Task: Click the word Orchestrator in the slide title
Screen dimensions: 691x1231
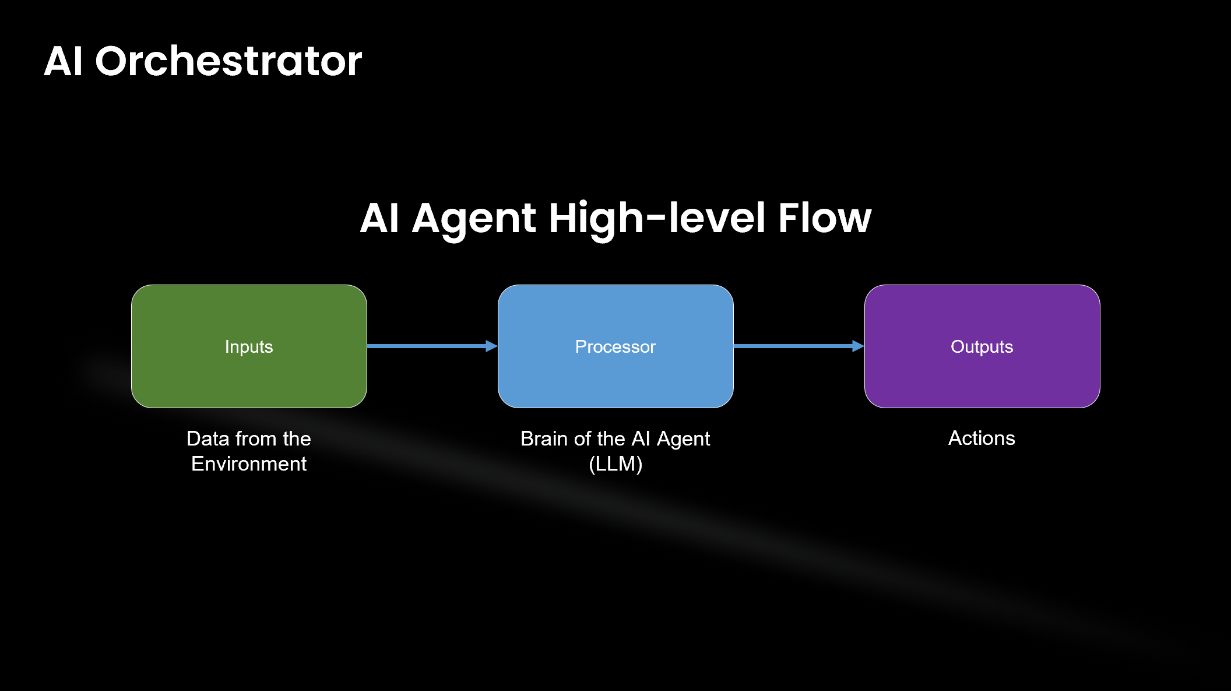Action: pyautogui.click(x=228, y=61)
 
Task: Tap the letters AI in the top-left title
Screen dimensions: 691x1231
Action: pyautogui.click(x=63, y=61)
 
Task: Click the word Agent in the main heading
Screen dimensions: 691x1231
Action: pyautogui.click(x=473, y=219)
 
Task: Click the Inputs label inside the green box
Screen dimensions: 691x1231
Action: pyautogui.click(x=249, y=347)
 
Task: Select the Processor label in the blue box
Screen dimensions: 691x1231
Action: pyautogui.click(x=615, y=347)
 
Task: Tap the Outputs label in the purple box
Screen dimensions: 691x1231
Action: pyautogui.click(x=982, y=347)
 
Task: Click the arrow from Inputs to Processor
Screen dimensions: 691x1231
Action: pyautogui.click(x=425, y=346)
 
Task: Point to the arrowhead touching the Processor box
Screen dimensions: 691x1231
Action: pyautogui.click(x=491, y=346)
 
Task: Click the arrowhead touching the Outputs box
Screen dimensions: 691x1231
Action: pyautogui.click(x=857, y=346)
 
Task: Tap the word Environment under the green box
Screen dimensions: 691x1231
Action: pyautogui.click(x=249, y=464)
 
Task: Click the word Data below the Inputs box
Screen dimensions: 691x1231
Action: pyautogui.click(x=207, y=439)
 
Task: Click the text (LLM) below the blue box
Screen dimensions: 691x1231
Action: pyautogui.click(x=615, y=464)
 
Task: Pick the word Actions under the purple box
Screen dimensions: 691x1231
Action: pyautogui.click(x=982, y=438)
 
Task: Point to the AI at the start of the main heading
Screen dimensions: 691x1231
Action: pyautogui.click(x=379, y=219)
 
